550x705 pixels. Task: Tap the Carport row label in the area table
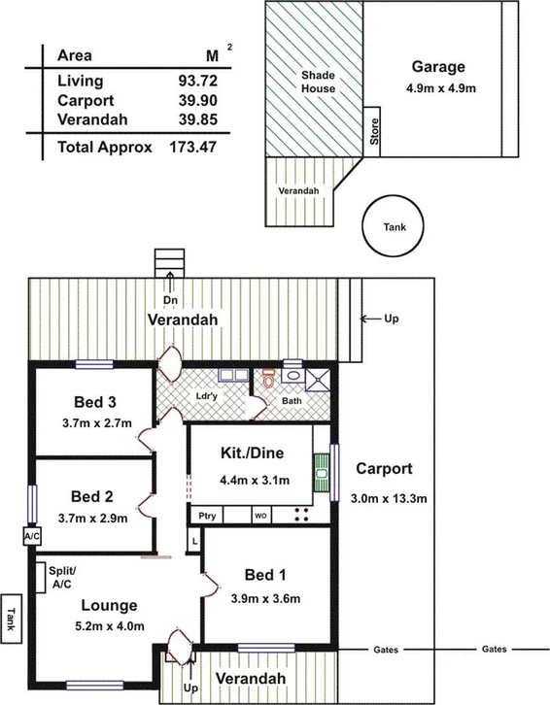pos(86,100)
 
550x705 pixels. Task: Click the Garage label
pos(437,67)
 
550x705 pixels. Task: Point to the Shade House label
pos(317,82)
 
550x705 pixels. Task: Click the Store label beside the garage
pos(374,131)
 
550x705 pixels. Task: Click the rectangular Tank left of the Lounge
pos(12,617)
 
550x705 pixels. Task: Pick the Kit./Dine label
pos(248,453)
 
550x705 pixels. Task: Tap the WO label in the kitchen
pos(260,516)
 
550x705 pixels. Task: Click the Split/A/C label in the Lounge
pos(63,578)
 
